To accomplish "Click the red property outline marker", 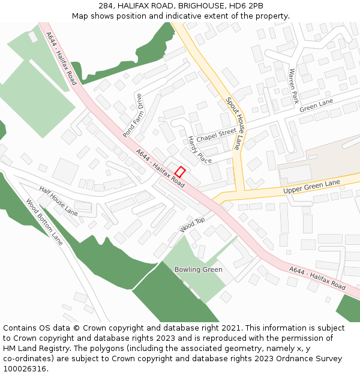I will tap(180, 171).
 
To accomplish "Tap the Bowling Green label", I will tap(198, 269).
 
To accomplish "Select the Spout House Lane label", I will tap(233, 124).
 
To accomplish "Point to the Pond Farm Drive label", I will tap(133, 116).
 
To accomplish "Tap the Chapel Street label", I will tap(216, 134).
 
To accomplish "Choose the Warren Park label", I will tap(293, 86).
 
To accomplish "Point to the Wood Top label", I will tap(192, 225).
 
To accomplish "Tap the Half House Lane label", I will tap(58, 202).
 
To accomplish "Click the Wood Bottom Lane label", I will tap(44, 221).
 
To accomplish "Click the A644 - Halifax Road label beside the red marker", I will tap(160, 169).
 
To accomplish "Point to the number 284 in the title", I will tap(106, 6).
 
